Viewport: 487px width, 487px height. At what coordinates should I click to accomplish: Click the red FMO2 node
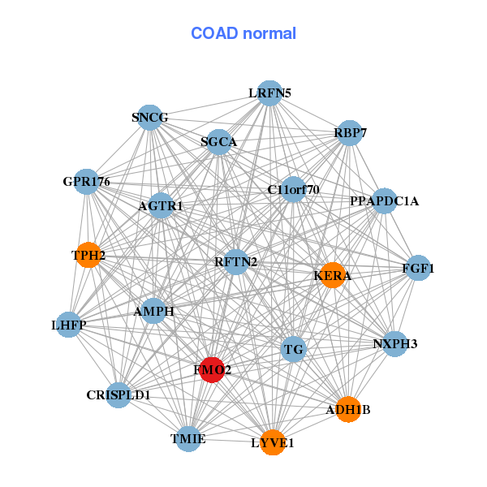point(212,370)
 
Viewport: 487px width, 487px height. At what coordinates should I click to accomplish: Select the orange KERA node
point(332,275)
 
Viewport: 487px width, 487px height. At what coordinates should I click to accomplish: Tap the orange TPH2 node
point(88,256)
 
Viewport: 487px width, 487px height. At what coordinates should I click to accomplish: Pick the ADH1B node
point(347,409)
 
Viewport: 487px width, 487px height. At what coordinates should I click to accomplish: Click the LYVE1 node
point(273,442)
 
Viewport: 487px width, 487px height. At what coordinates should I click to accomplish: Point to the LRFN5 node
point(269,93)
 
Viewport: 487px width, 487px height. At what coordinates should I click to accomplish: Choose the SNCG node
point(149,118)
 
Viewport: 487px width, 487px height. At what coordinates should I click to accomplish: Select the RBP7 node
point(349,133)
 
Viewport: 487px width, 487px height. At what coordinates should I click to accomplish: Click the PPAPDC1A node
point(383,200)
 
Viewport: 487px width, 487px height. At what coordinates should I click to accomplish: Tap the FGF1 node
point(417,268)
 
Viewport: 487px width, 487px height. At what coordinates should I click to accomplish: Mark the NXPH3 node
point(394,344)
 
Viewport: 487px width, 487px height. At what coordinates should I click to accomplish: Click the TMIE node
point(189,438)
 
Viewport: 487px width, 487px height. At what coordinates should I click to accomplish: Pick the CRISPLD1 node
point(119,395)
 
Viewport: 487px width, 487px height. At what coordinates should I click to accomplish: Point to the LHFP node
point(69,325)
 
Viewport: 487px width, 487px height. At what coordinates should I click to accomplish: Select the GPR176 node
point(87,181)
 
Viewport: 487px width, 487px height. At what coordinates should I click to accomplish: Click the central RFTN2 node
point(236,261)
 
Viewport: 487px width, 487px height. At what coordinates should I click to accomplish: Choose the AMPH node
point(153,310)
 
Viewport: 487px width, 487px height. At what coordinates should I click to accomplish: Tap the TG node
point(294,350)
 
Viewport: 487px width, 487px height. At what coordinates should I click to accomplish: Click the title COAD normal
point(243,34)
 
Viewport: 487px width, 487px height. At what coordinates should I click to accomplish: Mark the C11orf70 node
point(294,190)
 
